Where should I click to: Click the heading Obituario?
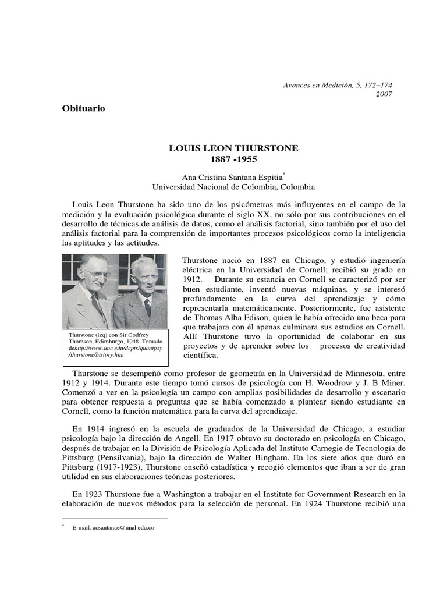pyautogui.click(x=83, y=108)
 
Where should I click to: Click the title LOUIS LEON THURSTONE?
pyautogui.click(x=233, y=148)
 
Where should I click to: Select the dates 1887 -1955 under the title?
pyautogui.click(x=233, y=158)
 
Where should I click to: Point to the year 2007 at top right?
pyautogui.click(x=384, y=94)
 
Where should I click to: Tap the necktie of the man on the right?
pyautogui.click(x=147, y=307)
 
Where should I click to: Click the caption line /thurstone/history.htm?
pyautogui.click(x=96, y=354)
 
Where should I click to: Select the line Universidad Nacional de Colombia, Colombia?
pyautogui.click(x=233, y=187)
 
